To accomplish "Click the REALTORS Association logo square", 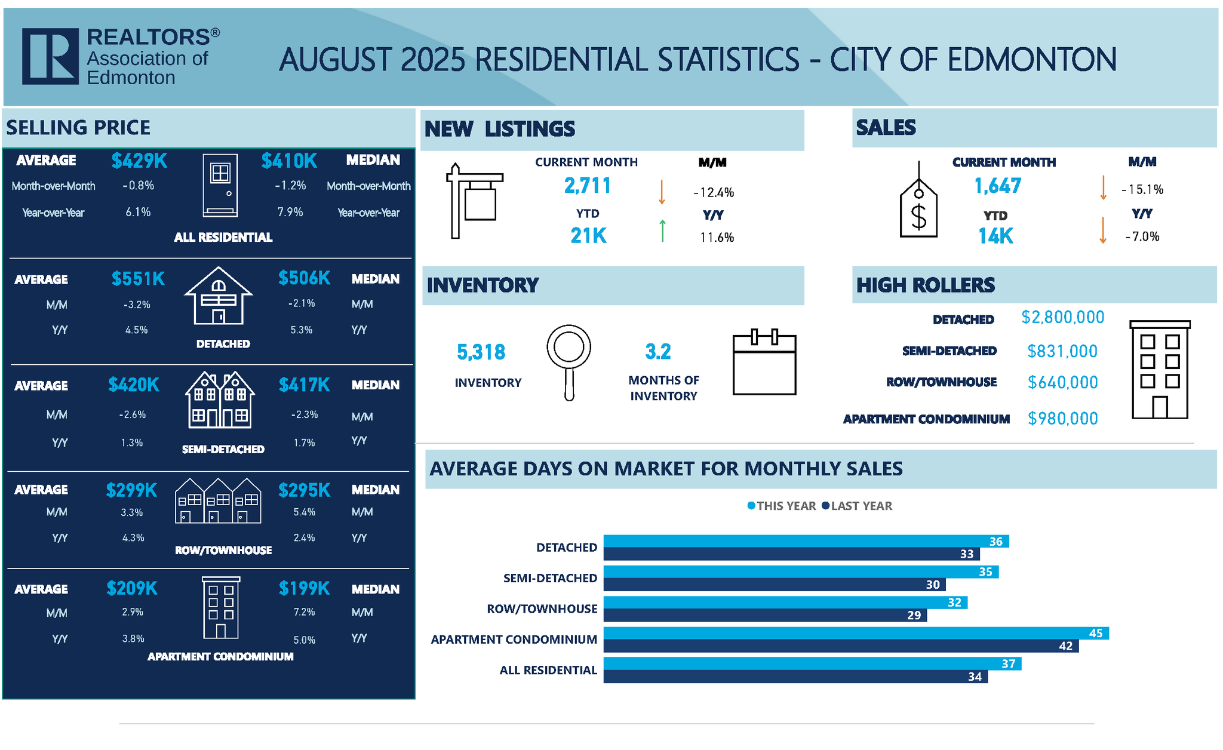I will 50,56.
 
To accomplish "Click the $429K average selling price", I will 139,161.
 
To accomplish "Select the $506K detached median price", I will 304,278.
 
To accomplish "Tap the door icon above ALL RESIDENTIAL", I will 220,185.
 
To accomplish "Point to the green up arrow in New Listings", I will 662,230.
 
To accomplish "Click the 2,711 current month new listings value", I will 588,186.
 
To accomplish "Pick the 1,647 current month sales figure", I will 997,186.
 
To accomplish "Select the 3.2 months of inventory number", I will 658,352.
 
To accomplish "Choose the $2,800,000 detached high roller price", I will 1062,317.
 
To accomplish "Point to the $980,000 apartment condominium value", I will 1062,419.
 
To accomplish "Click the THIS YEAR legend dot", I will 751,506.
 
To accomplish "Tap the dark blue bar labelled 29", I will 764,616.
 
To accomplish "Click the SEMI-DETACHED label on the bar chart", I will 550,578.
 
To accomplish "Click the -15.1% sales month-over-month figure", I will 1142,190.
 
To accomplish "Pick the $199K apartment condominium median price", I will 304,589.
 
